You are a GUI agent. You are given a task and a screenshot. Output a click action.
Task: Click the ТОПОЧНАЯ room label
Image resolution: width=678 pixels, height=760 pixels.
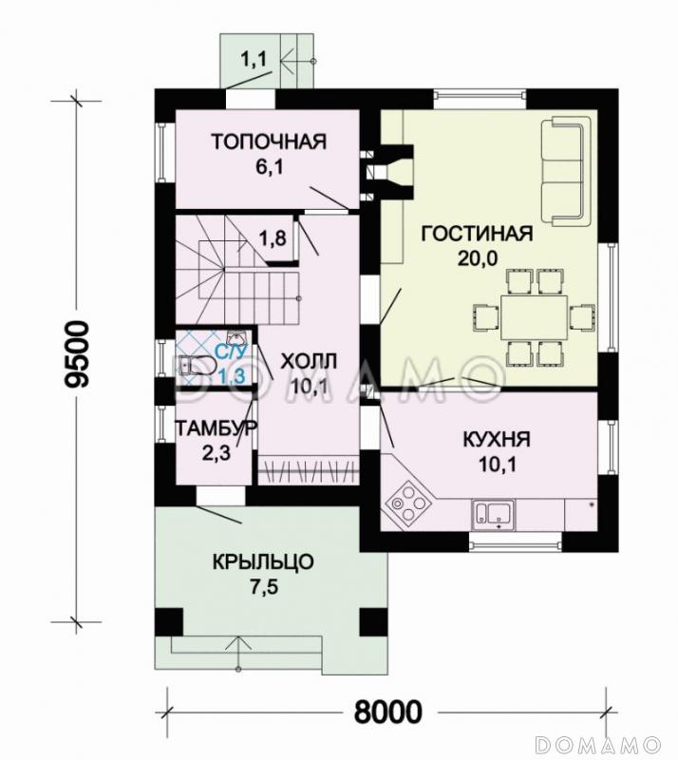point(269,142)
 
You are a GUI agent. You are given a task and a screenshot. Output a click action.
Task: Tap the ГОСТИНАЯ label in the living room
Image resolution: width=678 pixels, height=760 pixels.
point(477,234)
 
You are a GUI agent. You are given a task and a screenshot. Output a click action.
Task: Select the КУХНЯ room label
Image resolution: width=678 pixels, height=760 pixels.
point(497,440)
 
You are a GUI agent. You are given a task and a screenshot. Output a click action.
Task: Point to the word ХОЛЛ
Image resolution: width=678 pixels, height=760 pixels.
point(309,362)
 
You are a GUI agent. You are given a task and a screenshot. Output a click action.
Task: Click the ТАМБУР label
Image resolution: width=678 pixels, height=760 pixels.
point(216,428)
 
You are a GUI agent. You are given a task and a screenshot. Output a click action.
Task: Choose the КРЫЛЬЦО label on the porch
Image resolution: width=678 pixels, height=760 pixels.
point(263,562)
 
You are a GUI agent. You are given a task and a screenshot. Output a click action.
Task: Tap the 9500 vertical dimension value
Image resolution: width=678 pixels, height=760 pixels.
point(78,353)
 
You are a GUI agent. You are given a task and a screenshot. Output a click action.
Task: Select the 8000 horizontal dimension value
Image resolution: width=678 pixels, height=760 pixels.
point(387,712)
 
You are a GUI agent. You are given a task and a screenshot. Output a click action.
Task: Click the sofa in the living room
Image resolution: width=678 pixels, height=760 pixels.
point(566,171)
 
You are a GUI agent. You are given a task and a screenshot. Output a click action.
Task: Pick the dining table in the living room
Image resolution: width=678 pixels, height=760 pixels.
point(534,317)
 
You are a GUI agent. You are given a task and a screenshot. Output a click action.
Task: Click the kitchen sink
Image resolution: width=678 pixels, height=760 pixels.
point(494,515)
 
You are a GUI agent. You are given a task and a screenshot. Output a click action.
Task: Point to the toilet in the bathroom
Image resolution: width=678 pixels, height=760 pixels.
point(197,366)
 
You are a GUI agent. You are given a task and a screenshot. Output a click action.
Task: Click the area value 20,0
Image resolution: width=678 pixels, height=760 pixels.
point(478,258)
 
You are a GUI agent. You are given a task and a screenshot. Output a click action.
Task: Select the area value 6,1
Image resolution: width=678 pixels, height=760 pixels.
point(270,167)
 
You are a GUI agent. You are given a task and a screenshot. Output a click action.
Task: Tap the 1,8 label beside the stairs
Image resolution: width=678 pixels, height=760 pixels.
point(273,238)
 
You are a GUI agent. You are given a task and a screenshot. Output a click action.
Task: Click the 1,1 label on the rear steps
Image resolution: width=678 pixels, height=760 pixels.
point(254,60)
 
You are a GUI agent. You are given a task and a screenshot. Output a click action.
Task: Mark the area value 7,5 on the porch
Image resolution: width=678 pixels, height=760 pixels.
point(264,587)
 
